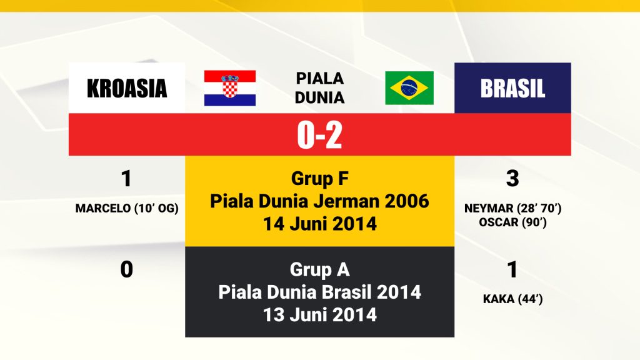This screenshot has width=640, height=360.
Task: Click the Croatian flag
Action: coord(230,88)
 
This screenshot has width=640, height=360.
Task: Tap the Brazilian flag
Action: coord(409,87)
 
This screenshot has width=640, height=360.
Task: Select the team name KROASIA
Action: coord(127,88)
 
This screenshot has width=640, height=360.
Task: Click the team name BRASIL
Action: coord(512,88)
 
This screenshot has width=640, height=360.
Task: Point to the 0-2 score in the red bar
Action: coord(319,135)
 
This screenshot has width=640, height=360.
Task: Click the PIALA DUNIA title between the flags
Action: coord(319,87)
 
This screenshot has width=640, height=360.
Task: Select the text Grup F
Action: coord(319,178)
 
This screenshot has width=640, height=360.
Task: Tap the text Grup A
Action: coord(319,269)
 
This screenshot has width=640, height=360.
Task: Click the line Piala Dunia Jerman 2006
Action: coord(319,201)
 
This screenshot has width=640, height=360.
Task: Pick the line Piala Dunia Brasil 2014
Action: coord(319,292)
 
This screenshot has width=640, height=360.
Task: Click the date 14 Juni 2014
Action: coord(319,224)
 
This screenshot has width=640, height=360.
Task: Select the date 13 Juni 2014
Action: coord(319,315)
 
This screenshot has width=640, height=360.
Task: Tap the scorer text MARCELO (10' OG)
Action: coord(127,209)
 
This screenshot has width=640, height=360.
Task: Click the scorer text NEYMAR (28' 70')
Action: coord(512,209)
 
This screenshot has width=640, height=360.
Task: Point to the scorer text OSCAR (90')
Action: coord(512,222)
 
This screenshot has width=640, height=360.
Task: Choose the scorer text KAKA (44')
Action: coord(512,299)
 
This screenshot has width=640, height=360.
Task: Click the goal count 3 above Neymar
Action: coord(512,178)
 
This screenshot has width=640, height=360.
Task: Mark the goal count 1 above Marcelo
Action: coord(126,178)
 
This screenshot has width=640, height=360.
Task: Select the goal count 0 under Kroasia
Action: coord(126,269)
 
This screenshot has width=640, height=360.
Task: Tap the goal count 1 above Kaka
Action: coord(512,269)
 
